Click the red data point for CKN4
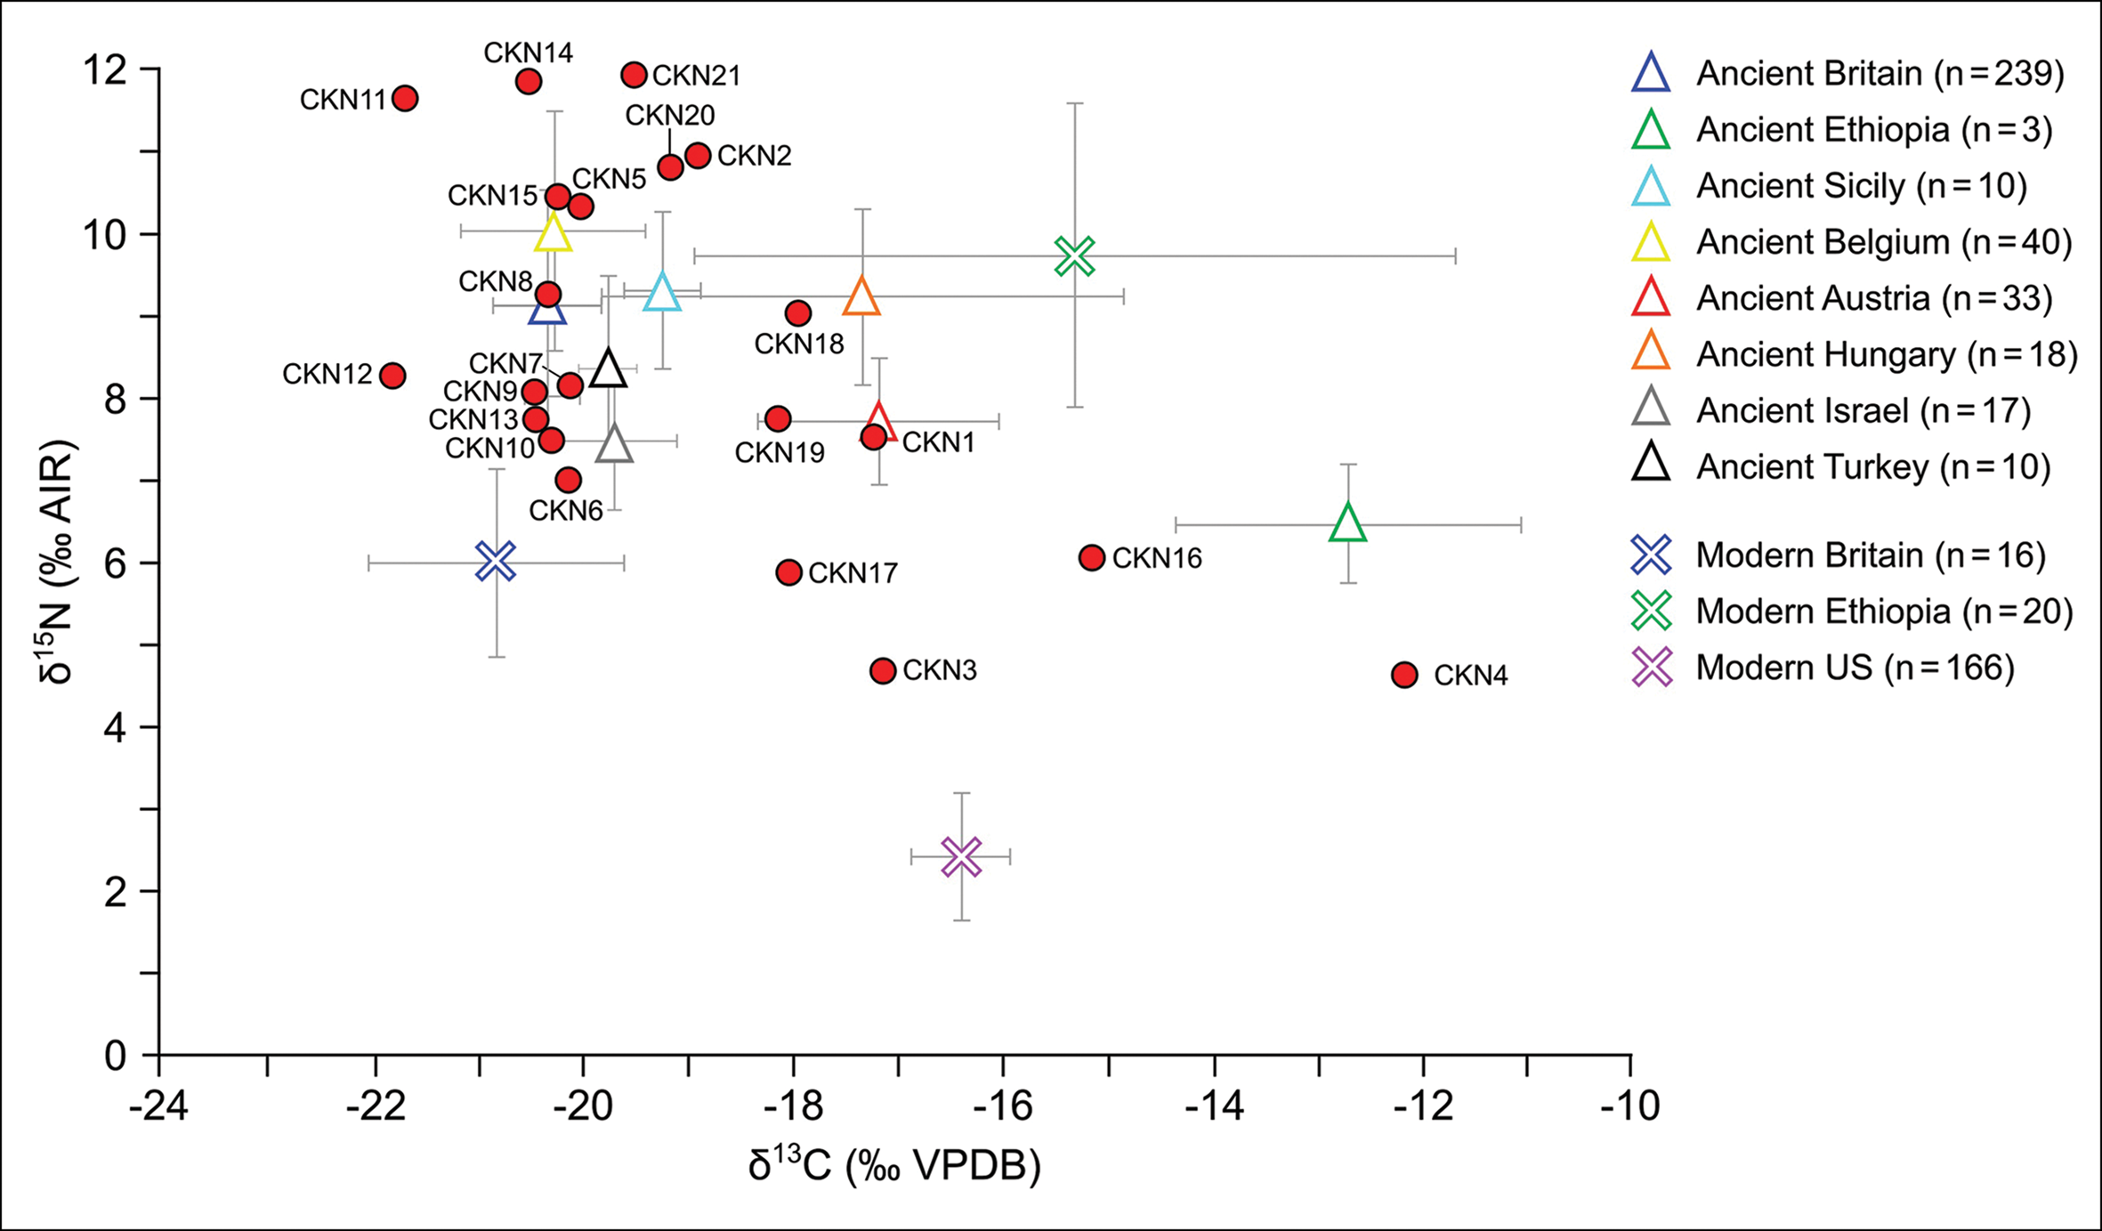(x=1404, y=675)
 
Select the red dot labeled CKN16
(x=1092, y=558)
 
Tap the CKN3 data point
(x=882, y=670)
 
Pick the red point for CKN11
(x=405, y=98)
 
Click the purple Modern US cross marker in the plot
(x=961, y=857)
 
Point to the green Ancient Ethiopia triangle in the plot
(x=1348, y=523)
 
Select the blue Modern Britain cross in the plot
(x=496, y=562)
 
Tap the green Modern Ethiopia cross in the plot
(x=1075, y=257)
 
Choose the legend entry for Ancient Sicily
(x=1860, y=186)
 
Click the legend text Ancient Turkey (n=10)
(x=1872, y=466)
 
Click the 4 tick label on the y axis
(x=116, y=728)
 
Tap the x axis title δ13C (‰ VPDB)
(x=894, y=1167)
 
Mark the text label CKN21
(x=696, y=76)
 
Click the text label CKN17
(x=853, y=573)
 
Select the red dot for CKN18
(x=798, y=313)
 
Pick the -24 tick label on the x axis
(x=159, y=1106)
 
